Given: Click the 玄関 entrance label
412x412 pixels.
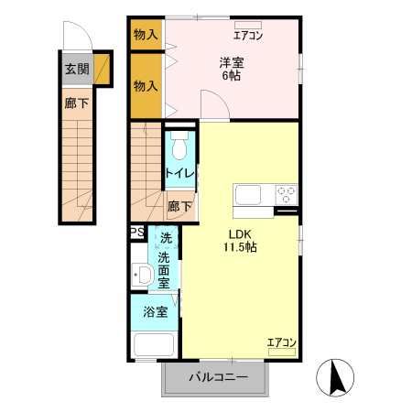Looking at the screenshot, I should pos(77,70).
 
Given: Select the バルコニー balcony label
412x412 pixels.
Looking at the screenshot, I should pos(219,376).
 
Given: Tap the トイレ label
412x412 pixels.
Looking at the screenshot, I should pos(178,172).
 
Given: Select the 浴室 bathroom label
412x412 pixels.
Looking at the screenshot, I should pos(155,311).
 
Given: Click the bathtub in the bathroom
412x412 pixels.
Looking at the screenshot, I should pos(154,346).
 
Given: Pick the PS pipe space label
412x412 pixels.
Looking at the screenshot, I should pos(136,233).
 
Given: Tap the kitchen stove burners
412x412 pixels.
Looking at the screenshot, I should pos(287,194).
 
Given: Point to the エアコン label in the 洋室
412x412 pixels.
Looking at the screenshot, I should pos(248,37).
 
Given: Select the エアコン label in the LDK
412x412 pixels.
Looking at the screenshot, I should pos(281,343).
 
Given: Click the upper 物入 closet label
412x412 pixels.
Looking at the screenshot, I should pos(146,35).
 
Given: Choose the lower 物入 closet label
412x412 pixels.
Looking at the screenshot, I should pos(146,86).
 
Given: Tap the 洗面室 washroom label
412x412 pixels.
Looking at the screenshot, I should pos(165,264).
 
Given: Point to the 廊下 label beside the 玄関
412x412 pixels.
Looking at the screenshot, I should pos(77,103).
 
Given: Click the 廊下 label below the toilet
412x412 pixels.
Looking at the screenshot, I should pos(179,207).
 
